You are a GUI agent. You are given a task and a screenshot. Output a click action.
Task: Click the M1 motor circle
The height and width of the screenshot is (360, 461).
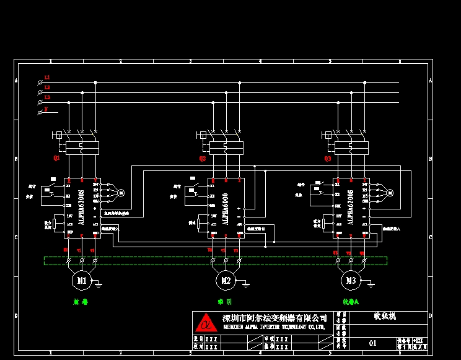click(81, 281)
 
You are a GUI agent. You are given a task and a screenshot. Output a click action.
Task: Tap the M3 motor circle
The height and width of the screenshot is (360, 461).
click(351, 281)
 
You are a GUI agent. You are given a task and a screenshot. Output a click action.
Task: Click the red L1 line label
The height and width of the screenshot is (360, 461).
click(47, 77)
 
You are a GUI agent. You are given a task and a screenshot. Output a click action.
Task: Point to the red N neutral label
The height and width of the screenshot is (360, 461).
click(46, 108)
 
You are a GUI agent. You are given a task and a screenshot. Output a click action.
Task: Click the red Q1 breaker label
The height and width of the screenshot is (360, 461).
click(56, 159)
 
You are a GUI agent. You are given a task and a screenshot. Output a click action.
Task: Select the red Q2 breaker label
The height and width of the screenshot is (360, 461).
click(203, 159)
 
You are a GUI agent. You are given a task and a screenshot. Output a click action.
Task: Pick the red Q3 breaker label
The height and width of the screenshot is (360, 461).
click(328, 159)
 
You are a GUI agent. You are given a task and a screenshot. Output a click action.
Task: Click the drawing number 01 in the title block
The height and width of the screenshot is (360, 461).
click(372, 343)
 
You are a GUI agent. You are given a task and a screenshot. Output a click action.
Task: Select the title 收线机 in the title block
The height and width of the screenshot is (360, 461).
click(385, 316)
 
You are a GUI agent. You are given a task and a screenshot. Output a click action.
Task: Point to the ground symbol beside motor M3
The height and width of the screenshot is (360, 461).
click(371, 284)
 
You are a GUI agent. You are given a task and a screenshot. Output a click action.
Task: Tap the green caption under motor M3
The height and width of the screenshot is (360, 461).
click(351, 302)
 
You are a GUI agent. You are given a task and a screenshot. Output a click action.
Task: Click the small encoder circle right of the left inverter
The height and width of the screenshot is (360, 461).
click(121, 193)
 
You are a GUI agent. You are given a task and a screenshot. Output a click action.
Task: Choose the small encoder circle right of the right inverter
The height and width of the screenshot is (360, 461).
click(390, 193)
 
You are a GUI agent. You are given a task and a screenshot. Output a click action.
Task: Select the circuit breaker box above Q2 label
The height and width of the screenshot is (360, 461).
click(226, 147)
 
